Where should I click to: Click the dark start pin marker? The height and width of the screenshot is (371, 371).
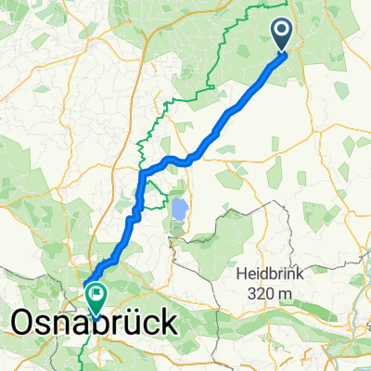coord(283,34)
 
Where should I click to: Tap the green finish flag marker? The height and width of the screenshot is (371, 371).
coord(96,296)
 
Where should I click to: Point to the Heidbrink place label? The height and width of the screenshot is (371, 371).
coord(273,275)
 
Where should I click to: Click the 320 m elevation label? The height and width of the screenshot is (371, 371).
coord(273,295)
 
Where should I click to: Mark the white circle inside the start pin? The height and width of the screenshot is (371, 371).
coord(283,32)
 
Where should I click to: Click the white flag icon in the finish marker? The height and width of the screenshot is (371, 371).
coord(96,294)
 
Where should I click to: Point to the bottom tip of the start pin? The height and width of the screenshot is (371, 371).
coord(283,52)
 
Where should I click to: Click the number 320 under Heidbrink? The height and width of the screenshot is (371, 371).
coord(262,295)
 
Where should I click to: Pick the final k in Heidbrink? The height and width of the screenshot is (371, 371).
coord(306,275)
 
